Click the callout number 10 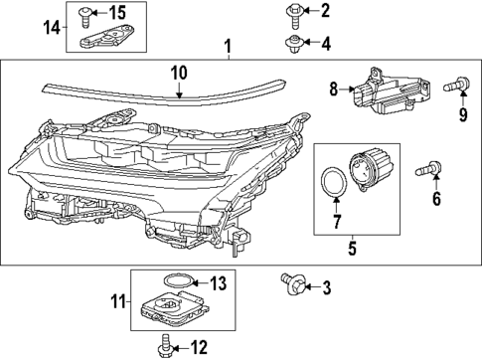(179, 73)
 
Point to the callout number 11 (117, 299)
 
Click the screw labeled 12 (163, 346)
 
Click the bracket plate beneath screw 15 (103, 38)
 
